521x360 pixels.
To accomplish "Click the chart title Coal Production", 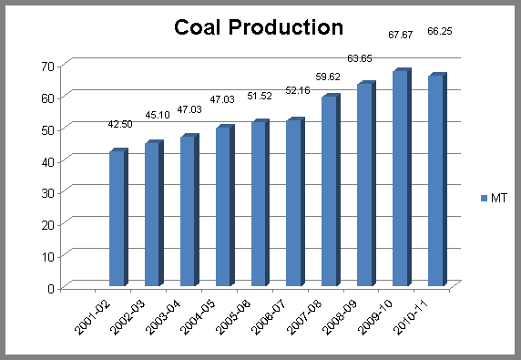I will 258,28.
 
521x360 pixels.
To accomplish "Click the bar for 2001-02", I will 117,219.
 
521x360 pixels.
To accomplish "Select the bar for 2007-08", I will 329,191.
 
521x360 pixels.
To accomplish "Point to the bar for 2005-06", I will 259,204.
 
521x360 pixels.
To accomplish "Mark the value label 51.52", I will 262,95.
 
